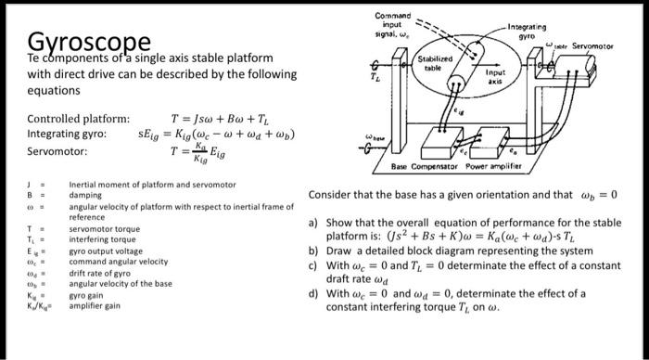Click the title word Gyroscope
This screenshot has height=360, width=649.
pos(88,44)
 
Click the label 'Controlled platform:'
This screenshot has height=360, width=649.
pos(79,119)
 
